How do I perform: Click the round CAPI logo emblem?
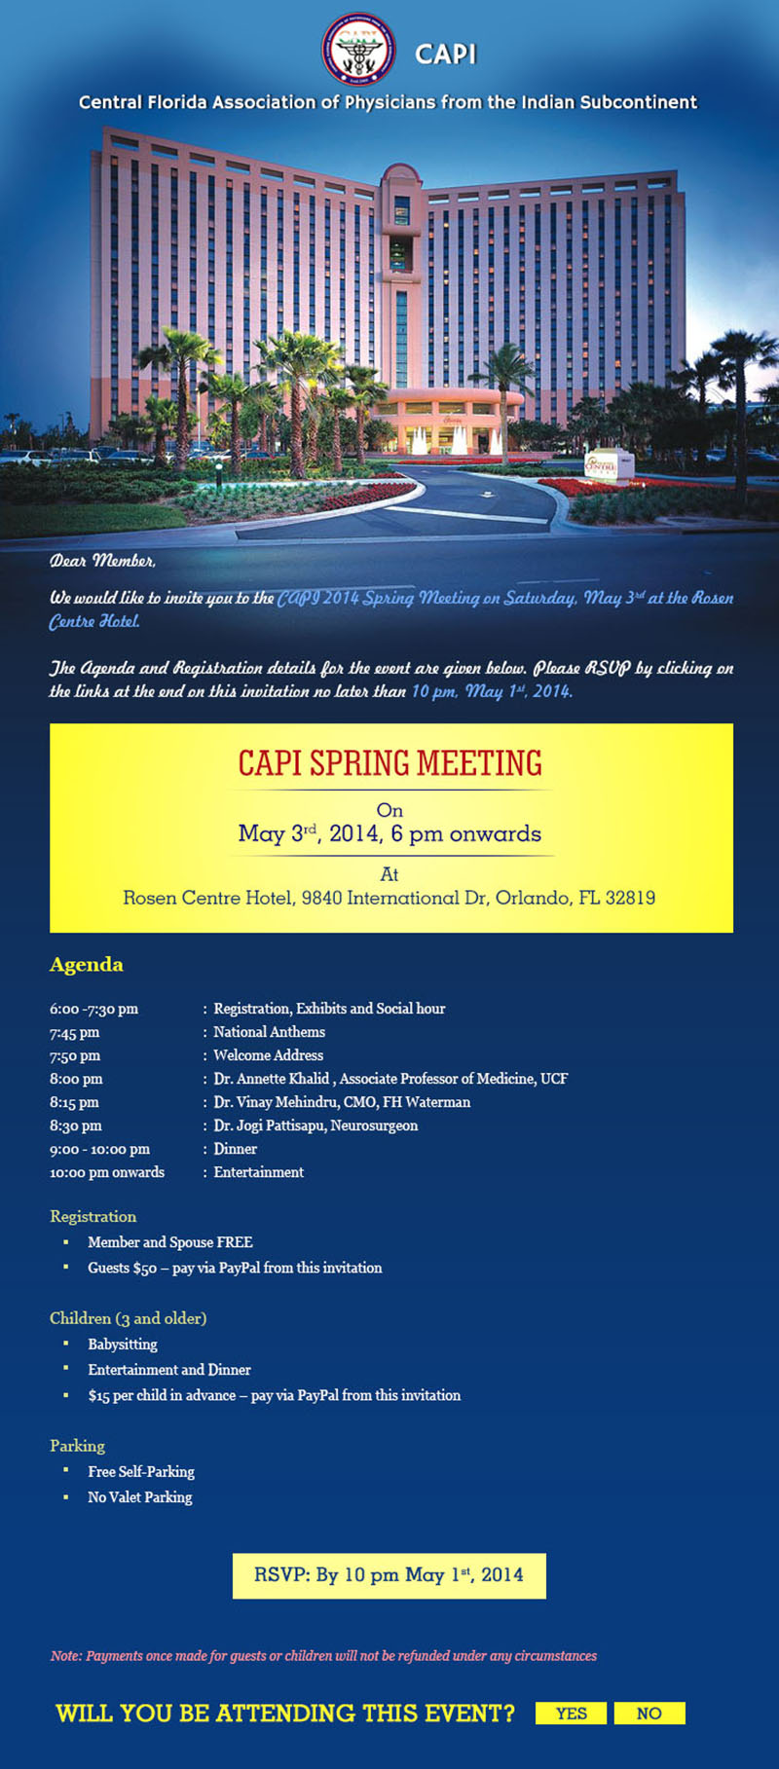coord(358,49)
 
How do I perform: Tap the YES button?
coord(571,1714)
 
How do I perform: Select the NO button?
coord(649,1714)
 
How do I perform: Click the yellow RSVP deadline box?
coord(389,1575)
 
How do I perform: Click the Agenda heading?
coord(87,965)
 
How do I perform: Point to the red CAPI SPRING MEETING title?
coord(390,763)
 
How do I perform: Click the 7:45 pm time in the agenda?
coord(75,1032)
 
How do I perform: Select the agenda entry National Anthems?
coord(270,1032)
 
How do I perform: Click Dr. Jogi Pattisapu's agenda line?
coord(315,1125)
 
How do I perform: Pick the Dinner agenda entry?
coord(236,1149)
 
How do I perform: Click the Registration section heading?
coord(93,1217)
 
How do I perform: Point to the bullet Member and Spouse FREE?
coord(170,1242)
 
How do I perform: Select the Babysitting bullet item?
coord(123,1345)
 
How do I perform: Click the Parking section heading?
coord(78,1446)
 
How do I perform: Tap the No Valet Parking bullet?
coord(140,1497)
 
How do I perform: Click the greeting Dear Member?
coord(103,561)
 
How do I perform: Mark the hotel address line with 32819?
coord(389,898)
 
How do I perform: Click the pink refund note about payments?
coord(323,1656)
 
